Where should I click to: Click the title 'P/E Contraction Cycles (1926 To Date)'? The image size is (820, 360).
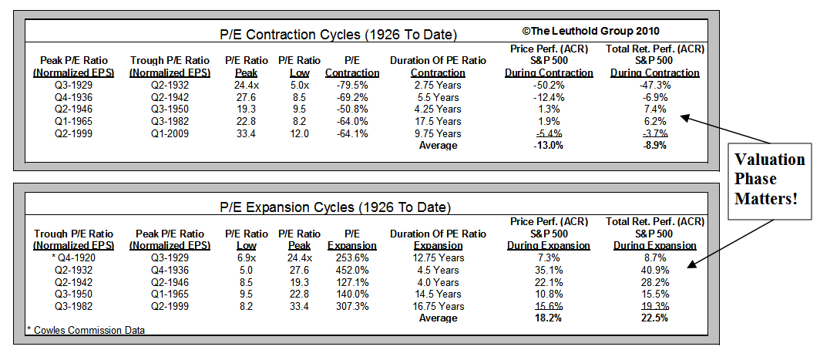pos(338,35)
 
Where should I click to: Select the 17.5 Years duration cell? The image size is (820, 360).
pos(438,121)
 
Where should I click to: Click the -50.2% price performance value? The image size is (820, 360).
pos(549,85)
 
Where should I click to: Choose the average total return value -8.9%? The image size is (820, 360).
pos(654,146)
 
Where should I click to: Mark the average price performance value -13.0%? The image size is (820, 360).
pos(549,146)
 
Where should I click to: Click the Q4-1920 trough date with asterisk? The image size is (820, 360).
pos(73,257)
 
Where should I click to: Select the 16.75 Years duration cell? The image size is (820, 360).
pos(438,306)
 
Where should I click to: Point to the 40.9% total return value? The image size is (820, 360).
pos(654,270)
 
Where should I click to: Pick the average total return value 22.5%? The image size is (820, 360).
pos(654,318)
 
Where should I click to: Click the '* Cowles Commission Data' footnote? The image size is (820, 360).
pos(85,331)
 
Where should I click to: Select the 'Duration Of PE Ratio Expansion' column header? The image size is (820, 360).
pos(438,239)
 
